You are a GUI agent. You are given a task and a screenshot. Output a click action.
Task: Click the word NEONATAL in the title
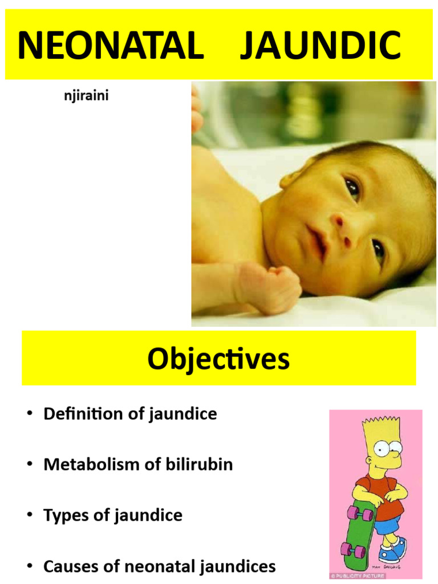111,46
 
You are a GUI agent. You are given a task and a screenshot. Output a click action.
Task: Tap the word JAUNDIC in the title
321,46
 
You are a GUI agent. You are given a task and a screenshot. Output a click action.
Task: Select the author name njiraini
86,96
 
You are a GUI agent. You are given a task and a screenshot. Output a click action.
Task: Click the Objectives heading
218,359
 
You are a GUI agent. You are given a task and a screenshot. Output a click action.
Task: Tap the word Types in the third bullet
63,516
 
